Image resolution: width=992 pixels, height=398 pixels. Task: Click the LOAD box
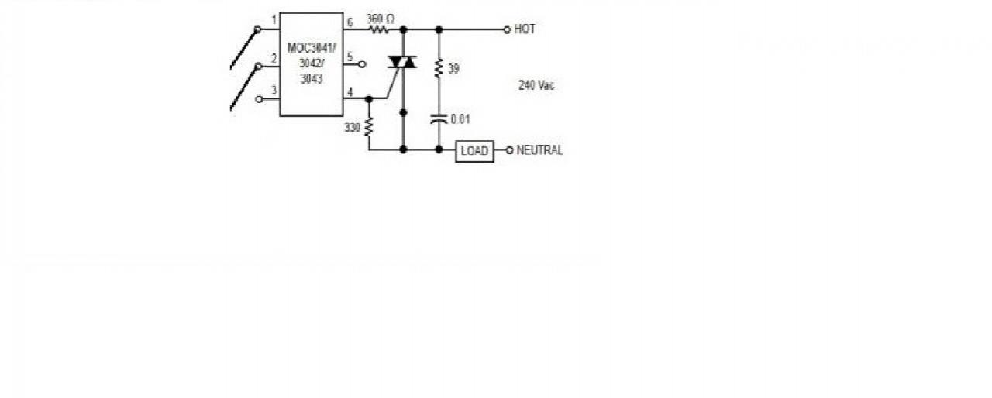474,151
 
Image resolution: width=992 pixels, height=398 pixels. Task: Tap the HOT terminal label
525,29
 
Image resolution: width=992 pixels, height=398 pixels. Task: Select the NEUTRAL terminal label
539,150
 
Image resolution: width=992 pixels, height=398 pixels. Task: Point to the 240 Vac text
536,85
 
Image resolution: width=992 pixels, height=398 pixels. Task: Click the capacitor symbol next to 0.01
439,119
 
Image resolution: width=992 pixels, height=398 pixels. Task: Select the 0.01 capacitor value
460,119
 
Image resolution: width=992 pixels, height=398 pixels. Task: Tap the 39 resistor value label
453,69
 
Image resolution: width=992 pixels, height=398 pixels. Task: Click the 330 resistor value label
353,128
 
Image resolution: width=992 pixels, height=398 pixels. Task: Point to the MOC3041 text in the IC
312,49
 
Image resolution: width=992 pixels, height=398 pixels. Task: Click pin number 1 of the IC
274,19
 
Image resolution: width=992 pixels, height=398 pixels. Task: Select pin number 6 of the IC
350,22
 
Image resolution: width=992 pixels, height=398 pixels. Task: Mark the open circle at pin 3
260,99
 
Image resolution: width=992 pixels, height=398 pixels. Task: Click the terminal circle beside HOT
507,29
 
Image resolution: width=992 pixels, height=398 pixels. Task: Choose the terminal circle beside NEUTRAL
509,150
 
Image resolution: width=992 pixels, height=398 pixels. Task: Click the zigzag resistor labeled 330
369,127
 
